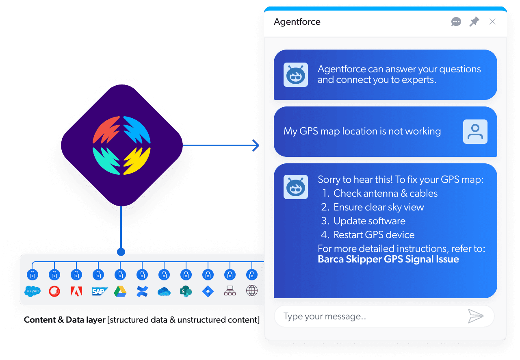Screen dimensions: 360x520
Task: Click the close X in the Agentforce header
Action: coord(492,22)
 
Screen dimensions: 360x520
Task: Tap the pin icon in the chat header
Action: coord(474,22)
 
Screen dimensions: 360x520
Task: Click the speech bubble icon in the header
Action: coord(456,22)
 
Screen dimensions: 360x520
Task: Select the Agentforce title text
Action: coord(297,22)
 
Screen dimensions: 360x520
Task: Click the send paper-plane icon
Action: coord(475,316)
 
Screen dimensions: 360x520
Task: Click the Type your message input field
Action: coord(366,316)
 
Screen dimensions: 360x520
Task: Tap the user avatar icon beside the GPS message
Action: coord(475,131)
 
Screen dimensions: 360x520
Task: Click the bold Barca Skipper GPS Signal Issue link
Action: coord(388,259)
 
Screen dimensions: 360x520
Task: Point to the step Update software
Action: coord(369,221)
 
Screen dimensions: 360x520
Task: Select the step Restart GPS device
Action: coord(374,235)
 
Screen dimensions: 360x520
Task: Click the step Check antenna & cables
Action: coord(385,193)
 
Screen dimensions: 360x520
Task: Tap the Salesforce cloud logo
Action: coord(32,291)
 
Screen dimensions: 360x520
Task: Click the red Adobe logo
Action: coord(76,291)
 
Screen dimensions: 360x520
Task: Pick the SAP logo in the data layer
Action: coord(99,291)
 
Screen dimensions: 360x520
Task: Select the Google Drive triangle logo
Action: coord(120,291)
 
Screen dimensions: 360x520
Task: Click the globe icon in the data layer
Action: coord(252,291)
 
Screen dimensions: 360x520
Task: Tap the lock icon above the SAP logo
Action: coord(98,275)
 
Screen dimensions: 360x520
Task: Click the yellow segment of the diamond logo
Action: coord(137,161)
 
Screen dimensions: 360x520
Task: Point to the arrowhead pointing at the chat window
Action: coord(256,145)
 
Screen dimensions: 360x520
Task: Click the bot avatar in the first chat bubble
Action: coord(295,74)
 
